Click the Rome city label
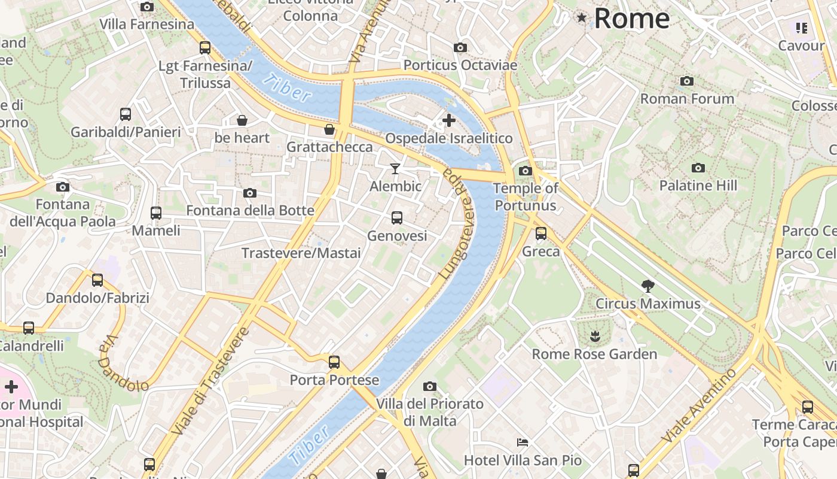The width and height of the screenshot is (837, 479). [631, 18]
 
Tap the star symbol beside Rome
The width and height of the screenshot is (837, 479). [582, 18]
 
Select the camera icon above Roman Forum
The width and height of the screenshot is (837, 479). [687, 81]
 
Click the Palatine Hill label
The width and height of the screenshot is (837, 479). [698, 186]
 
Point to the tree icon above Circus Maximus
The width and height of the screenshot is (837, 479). [647, 286]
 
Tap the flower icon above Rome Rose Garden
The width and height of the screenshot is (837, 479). [594, 336]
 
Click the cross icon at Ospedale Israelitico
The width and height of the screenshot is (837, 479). [448, 120]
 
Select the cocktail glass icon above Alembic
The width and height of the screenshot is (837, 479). [395, 169]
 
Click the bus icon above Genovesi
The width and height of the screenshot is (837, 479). [397, 218]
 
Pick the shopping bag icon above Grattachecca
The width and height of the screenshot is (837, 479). [329, 129]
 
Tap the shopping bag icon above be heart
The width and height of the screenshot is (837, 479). [242, 120]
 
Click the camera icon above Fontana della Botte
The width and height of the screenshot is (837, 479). [250, 193]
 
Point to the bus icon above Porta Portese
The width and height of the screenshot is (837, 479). [334, 362]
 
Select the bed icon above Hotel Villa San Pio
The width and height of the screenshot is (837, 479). [523, 442]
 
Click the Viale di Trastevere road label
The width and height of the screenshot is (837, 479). [209, 382]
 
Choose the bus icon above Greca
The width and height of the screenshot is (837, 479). [541, 234]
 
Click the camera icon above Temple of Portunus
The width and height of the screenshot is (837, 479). [526, 171]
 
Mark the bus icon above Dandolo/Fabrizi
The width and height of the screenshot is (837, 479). [97, 280]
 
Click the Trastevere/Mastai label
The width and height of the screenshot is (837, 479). [301, 253]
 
